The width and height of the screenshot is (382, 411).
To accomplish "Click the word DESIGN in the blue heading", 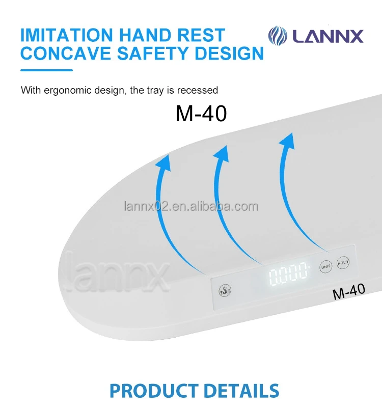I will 231,53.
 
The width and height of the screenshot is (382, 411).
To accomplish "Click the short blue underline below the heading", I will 46,70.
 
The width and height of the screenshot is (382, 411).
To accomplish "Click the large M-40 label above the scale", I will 201,114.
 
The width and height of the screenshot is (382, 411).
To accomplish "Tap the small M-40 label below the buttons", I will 348,290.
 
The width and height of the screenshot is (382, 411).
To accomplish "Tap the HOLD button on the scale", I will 343,263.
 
